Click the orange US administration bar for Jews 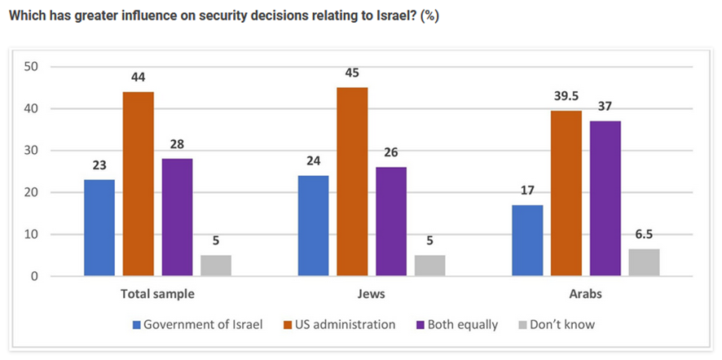[353, 182]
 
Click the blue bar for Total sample [99, 228]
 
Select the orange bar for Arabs [566, 193]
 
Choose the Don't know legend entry [558, 324]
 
